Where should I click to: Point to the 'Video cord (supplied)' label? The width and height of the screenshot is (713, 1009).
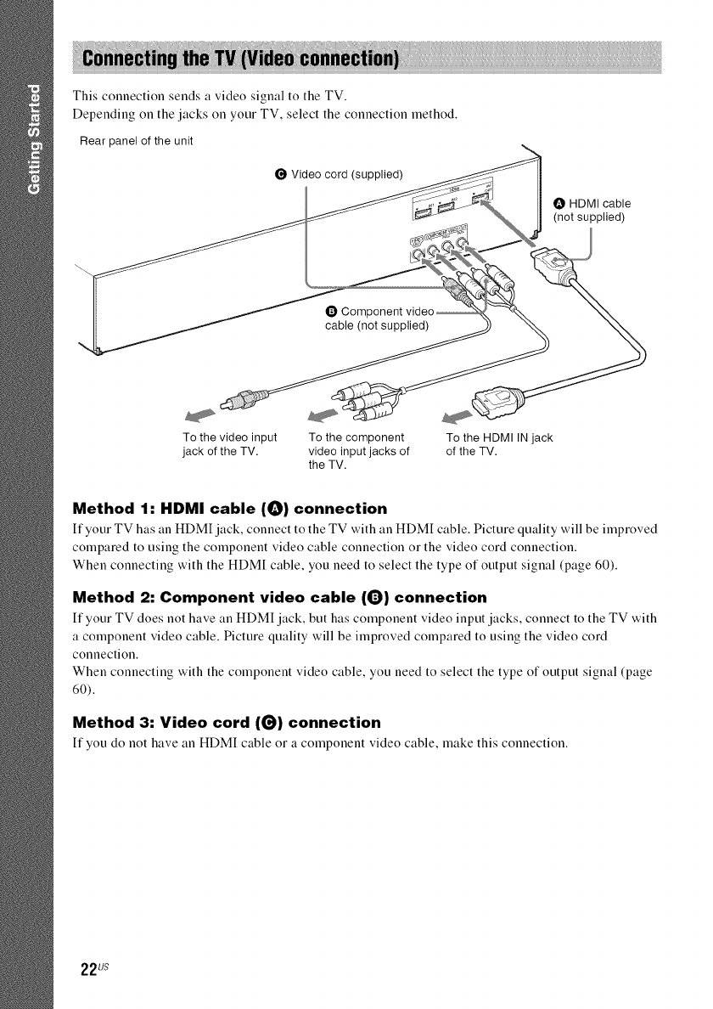point(337,176)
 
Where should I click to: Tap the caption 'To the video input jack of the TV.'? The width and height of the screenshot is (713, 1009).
point(230,443)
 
